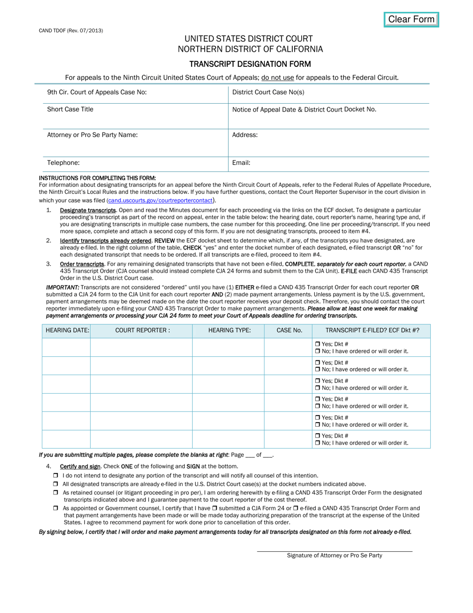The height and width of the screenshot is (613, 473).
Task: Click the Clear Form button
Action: coord(411,19)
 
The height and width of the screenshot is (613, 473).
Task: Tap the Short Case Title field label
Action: coord(70,109)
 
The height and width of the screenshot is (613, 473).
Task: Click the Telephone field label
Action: coord(63,162)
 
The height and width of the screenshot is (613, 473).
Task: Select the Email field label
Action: coord(241,162)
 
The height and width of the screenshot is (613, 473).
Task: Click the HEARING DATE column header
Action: coord(67,330)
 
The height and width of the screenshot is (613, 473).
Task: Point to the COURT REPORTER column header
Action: coord(142,330)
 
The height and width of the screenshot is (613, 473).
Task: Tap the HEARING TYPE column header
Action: coord(229,330)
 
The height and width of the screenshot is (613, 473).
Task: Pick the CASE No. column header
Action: coord(289,330)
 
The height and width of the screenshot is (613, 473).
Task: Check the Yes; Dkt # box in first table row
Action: coord(318,344)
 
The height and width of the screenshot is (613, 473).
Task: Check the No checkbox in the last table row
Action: coord(318,443)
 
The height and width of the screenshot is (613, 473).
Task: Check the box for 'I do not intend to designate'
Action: coord(56,476)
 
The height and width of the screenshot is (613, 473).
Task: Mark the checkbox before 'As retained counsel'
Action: coord(56,492)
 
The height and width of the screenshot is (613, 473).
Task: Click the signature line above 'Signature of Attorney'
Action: coord(335,551)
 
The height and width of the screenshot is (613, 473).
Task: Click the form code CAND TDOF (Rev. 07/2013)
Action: coord(71,30)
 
